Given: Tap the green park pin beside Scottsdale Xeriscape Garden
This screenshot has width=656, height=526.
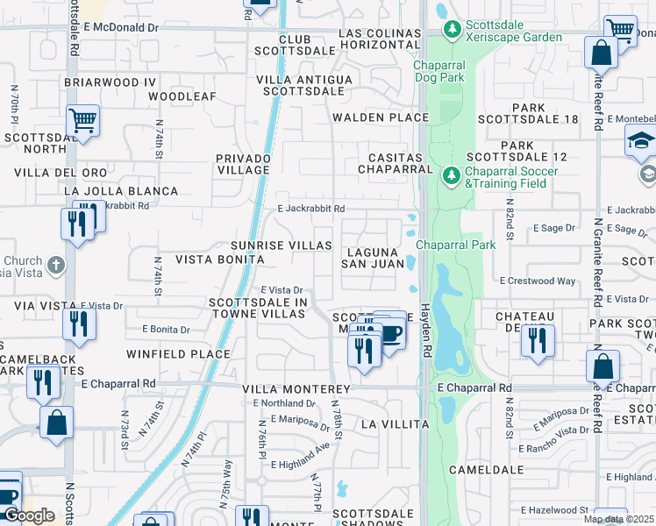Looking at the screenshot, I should pos(452,31).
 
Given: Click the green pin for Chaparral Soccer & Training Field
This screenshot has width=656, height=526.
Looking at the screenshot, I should pos(452,176).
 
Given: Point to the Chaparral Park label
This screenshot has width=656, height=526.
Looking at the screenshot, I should pos(456,245).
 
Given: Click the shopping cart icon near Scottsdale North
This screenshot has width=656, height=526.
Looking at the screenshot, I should pos(82,121).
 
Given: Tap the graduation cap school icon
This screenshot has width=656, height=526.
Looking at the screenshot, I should pos(640,139).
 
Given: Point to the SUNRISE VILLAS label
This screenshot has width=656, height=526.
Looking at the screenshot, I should pos(281,245).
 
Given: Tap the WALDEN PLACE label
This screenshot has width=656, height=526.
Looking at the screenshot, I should pos(380,117).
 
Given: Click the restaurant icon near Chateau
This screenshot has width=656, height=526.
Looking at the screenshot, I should pos(537,338).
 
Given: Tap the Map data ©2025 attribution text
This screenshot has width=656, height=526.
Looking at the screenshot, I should pos(618,519).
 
